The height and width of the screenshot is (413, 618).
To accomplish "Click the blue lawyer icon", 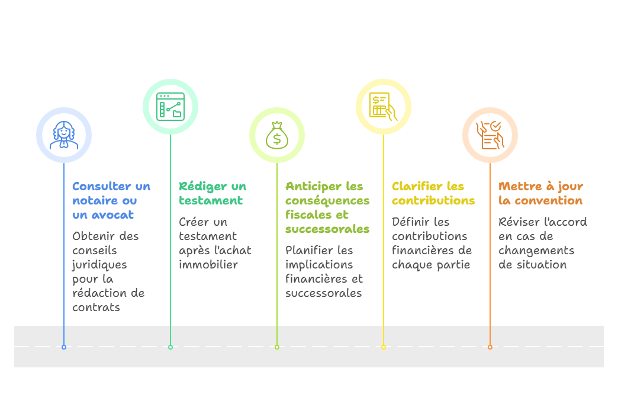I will (x=64, y=135).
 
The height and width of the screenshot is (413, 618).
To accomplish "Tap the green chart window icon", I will (x=170, y=107).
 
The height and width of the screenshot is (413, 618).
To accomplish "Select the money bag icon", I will (x=277, y=135).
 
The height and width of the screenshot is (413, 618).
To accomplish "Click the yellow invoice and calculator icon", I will (x=384, y=107).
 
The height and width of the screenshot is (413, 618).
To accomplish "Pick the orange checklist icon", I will (x=490, y=135).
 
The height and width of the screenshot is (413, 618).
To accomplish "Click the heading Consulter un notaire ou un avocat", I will (x=111, y=200).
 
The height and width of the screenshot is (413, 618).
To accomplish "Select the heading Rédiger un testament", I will (x=213, y=193).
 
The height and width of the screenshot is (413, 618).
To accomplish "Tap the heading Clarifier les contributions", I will (x=433, y=193).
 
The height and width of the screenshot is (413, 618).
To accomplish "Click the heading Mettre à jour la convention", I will (x=540, y=193).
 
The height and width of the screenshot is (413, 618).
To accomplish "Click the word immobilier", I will (x=208, y=265).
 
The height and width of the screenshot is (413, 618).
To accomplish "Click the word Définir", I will (x=412, y=222).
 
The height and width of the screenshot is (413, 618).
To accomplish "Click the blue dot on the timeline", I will (x=64, y=347).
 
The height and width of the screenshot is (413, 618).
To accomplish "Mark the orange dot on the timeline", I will (x=490, y=347).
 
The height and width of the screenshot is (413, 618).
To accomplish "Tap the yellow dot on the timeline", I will (x=384, y=347).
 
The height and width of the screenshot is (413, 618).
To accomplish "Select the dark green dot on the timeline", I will (x=170, y=347).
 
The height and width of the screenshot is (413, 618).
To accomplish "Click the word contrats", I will (x=96, y=308).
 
